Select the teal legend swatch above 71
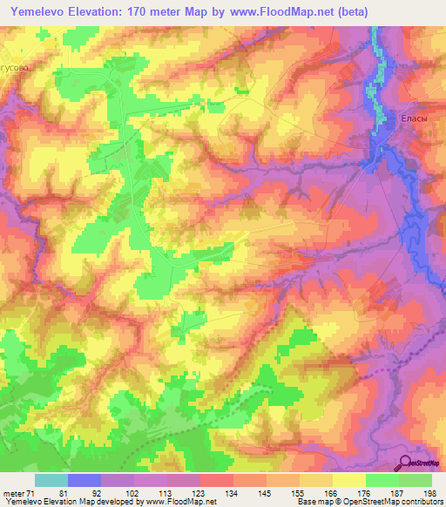(51, 480)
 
